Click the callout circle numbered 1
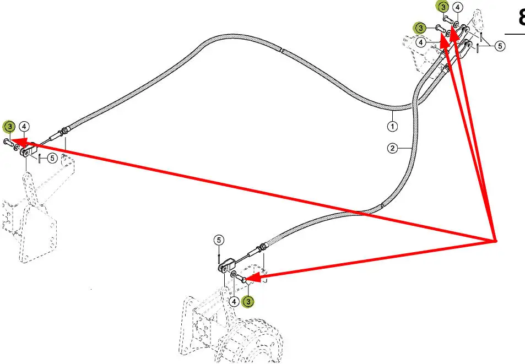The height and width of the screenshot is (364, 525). point(392,126)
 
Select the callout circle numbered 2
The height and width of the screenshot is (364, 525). point(392,148)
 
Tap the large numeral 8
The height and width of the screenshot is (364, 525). point(521,17)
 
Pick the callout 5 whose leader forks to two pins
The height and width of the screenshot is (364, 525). point(499,46)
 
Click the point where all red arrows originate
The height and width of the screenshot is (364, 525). point(495,241)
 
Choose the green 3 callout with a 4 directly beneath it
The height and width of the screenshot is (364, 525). point(420,28)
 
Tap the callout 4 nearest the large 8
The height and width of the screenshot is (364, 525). point(458,8)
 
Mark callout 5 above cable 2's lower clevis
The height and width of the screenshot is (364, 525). point(219,240)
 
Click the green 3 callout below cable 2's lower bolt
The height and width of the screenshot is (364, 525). point(249,301)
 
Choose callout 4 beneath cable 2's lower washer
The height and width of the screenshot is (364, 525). point(234,301)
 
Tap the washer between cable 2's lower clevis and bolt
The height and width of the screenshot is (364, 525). point(233,274)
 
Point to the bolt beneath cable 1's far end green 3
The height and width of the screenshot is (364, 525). point(7,142)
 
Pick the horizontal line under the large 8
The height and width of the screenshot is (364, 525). point(515,34)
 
